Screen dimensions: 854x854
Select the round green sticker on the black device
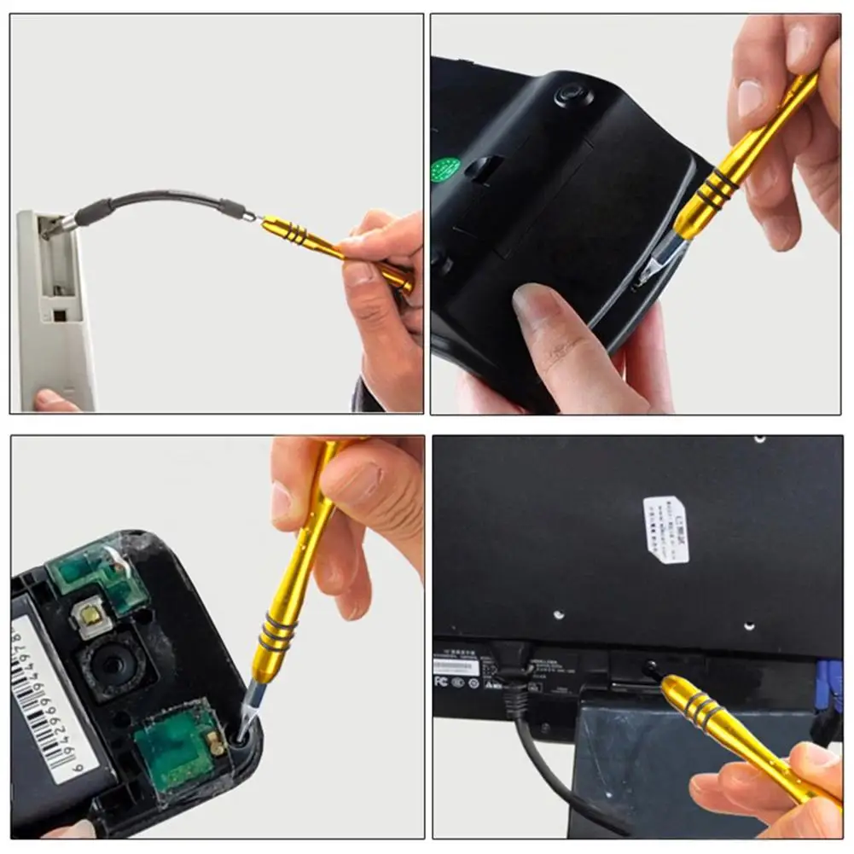tap(445, 169)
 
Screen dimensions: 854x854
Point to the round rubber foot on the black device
tap(573, 94)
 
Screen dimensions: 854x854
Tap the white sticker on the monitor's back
tap(665, 529)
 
